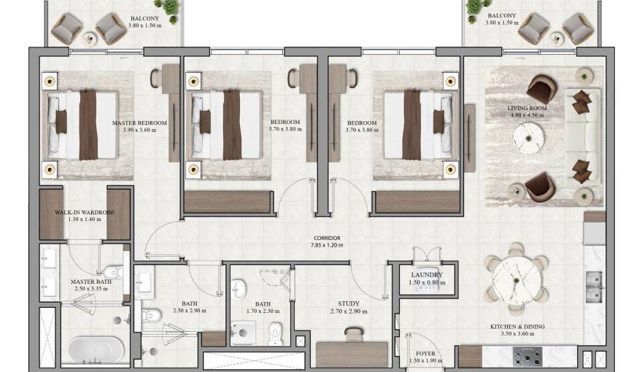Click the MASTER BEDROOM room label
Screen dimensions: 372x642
[x=139, y=123]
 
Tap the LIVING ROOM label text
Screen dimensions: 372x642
[x=527, y=107]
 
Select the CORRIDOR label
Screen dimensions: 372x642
[x=327, y=238]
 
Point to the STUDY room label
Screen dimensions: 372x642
[x=349, y=304]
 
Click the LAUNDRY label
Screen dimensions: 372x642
[x=427, y=275]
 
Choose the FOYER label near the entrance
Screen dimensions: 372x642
[x=420, y=354]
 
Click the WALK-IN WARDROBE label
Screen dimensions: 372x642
[x=85, y=212]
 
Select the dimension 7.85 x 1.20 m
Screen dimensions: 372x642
[x=327, y=246]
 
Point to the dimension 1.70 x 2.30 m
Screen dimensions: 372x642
[x=263, y=312]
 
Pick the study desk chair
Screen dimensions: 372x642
[x=354, y=334]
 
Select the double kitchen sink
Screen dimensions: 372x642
[x=595, y=286]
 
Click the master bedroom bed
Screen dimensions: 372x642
[x=82, y=125]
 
